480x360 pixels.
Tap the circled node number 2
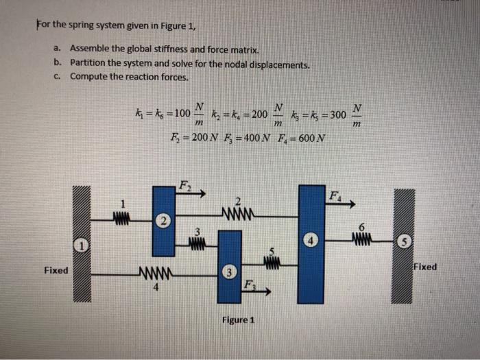(x=162, y=221)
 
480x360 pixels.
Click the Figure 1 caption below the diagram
(x=237, y=320)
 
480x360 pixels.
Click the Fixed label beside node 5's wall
(x=425, y=266)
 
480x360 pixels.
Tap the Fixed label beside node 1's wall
(x=56, y=270)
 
